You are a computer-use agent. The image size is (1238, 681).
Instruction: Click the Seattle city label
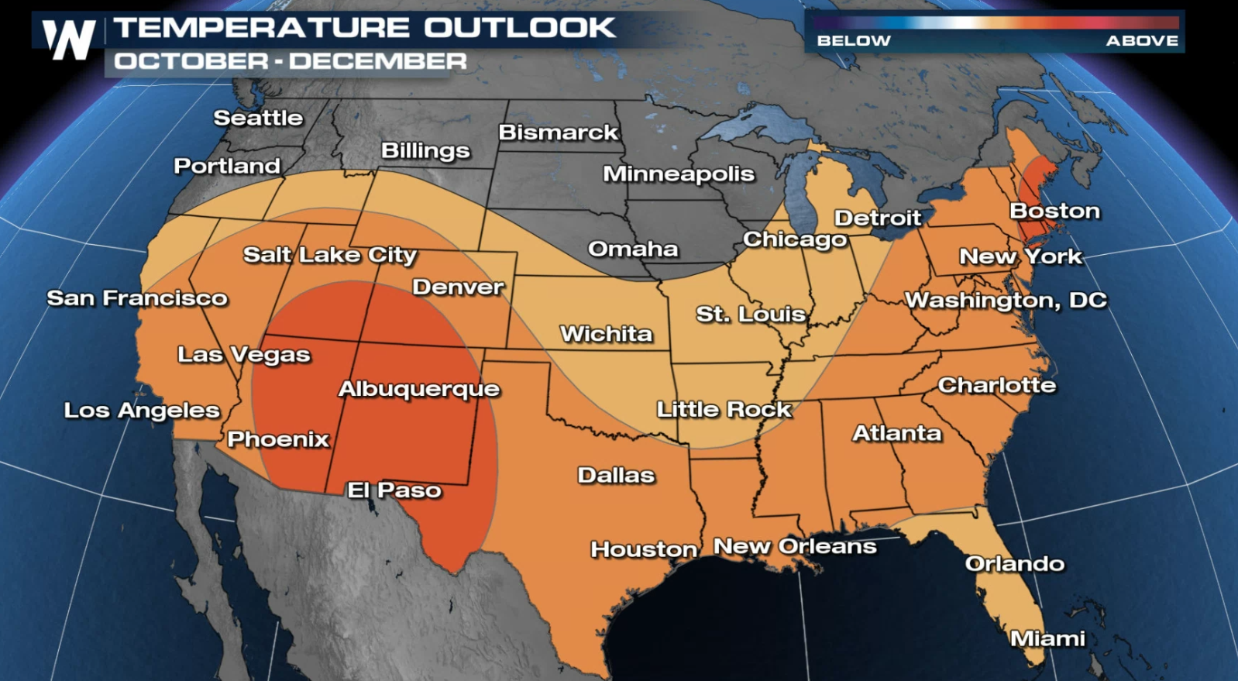pos(258,118)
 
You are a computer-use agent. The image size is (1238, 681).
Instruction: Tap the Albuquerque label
pos(419,389)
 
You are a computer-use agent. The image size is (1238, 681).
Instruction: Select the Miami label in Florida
pos(1047,638)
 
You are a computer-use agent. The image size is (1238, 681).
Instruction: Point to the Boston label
pos(1054,211)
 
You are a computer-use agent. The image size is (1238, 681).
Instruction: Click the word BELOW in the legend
pos(854,40)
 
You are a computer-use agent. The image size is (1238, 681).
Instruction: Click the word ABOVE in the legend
pos(1142,40)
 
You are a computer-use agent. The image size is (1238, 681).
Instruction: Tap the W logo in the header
pos(68,39)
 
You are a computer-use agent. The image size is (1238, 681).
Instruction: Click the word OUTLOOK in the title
pos(519,28)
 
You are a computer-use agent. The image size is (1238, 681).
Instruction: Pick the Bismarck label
pos(558,132)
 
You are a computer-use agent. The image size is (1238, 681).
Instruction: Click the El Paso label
pos(394,490)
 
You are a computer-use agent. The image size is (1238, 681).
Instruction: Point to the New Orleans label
pos(795,546)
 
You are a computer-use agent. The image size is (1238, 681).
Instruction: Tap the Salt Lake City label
pos(329,255)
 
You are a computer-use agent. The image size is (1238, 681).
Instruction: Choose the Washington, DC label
pos(1006,301)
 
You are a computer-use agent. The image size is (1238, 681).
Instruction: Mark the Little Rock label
pos(724,410)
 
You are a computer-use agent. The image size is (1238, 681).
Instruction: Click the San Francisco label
pos(137,298)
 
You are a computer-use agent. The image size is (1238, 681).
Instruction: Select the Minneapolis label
pos(679,174)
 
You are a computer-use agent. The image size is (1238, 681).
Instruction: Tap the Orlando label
pos(1014,563)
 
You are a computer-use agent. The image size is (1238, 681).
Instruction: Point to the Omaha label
pos(633,249)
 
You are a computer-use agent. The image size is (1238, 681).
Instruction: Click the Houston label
pos(644,549)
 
